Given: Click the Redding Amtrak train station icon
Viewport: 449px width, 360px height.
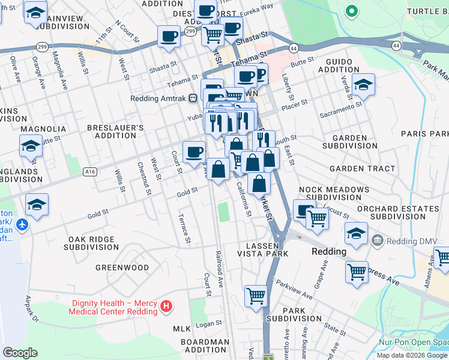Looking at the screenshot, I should click(193, 98).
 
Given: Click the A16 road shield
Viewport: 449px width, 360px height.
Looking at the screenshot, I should click(91, 172).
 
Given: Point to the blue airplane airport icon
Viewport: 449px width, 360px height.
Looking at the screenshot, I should click(23, 225).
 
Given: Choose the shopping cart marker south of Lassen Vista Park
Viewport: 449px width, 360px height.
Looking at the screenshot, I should click(256, 296).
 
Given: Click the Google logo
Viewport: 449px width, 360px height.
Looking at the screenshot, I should click(20, 353).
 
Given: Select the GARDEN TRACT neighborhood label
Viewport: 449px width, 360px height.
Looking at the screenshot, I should click(362, 169).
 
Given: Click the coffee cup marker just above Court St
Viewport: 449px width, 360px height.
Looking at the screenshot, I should click(194, 152).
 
